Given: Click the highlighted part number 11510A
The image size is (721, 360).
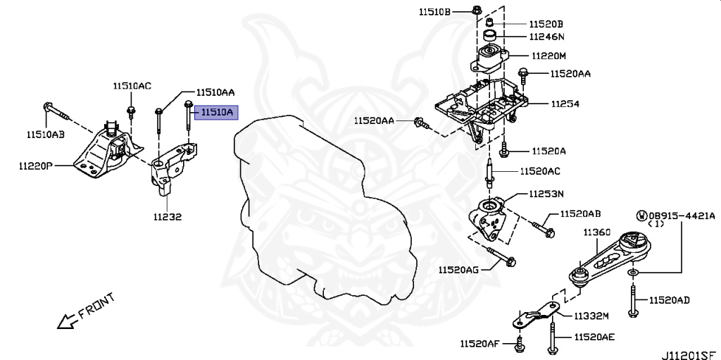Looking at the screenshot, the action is (216, 112).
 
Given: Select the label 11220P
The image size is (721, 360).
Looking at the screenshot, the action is (36, 166).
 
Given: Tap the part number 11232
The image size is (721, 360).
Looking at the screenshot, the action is (168, 216).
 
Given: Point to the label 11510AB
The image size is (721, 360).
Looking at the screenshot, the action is (45, 135).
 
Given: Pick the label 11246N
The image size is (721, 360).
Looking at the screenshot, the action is (546, 37).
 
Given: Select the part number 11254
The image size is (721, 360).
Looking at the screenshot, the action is (565, 104).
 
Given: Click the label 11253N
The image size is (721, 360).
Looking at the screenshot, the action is (546, 194).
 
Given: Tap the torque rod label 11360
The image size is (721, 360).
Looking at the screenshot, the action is (598, 233).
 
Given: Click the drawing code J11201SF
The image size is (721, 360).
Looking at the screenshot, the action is (691, 355).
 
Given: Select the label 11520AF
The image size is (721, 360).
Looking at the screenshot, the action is (479, 343).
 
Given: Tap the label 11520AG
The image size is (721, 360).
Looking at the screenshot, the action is (458, 270).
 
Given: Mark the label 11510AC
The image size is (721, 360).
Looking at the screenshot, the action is (132, 86).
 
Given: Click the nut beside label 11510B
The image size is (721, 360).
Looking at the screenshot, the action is (477, 10).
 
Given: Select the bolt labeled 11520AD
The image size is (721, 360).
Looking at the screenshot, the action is (633, 301).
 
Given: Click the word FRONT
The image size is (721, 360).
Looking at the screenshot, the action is (96, 306).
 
